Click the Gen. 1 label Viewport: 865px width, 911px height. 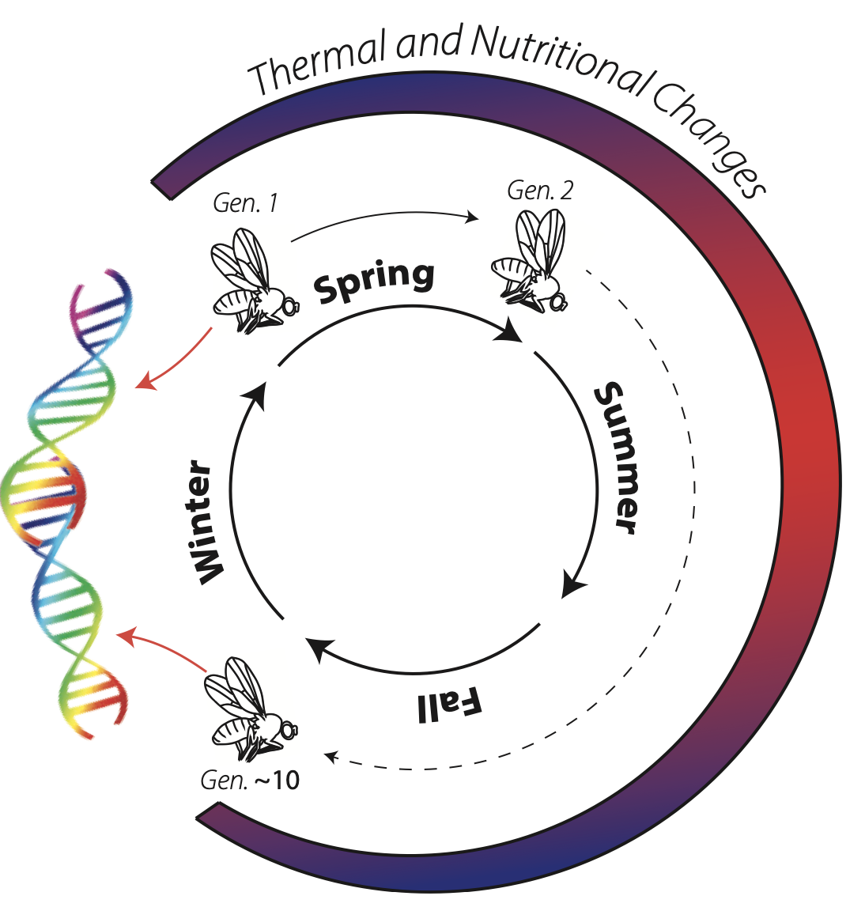245,204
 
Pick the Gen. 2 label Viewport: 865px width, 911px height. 540,191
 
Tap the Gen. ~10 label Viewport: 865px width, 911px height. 251,781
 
